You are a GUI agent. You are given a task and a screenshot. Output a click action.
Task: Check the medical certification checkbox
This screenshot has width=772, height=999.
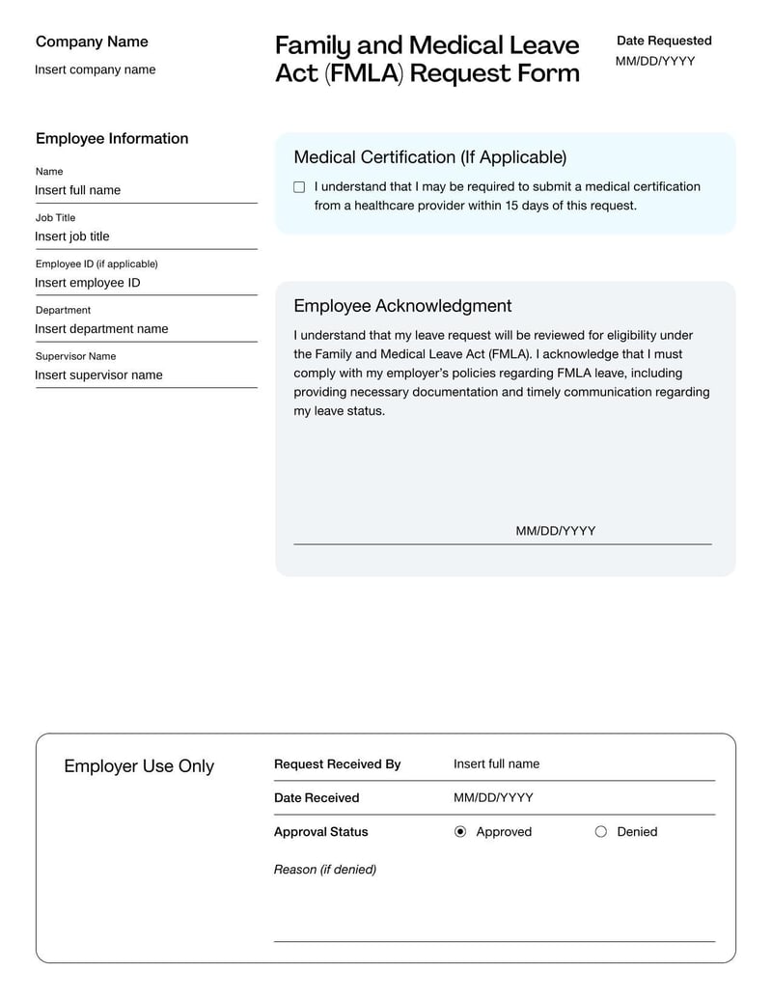pyautogui.click(x=299, y=187)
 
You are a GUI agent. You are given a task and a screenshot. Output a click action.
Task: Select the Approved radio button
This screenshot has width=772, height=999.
pyautogui.click(x=460, y=832)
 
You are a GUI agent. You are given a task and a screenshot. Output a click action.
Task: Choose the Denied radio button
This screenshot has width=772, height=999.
pyautogui.click(x=601, y=832)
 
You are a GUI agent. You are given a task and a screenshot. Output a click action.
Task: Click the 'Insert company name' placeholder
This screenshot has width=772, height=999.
pyautogui.click(x=95, y=69)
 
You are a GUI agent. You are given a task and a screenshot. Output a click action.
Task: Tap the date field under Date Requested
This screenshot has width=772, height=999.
pyautogui.click(x=654, y=62)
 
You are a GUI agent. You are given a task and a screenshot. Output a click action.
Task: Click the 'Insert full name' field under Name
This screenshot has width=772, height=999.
pyautogui.click(x=78, y=190)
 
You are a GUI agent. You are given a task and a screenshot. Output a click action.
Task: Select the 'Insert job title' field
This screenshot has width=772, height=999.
pyautogui.click(x=72, y=236)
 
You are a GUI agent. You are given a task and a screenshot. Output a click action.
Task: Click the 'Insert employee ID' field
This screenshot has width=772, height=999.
pyautogui.click(x=88, y=283)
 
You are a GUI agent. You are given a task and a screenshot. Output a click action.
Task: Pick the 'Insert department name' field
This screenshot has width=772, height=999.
pyautogui.click(x=101, y=329)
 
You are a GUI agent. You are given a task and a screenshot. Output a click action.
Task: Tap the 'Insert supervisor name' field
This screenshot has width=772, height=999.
pyautogui.click(x=98, y=375)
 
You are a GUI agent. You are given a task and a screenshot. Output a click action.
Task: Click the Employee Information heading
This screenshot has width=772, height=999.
pyautogui.click(x=112, y=139)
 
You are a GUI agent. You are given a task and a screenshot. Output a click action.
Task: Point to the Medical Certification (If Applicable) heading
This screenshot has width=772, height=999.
pyautogui.click(x=429, y=157)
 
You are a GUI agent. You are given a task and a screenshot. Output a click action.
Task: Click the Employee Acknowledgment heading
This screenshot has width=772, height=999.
pyautogui.click(x=402, y=306)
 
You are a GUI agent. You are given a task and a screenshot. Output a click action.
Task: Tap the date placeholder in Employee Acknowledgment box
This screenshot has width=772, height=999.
pyautogui.click(x=555, y=531)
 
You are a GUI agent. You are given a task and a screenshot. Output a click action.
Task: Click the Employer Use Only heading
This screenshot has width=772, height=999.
pyautogui.click(x=139, y=766)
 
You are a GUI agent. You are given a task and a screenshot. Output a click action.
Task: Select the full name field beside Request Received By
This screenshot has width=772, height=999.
pyautogui.click(x=496, y=764)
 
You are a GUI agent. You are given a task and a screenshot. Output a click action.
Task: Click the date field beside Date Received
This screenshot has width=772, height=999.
pyautogui.click(x=493, y=798)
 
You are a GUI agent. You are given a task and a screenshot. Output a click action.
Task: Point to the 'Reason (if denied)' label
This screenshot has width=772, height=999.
pyautogui.click(x=325, y=870)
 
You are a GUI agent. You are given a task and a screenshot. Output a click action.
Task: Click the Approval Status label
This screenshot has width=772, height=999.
pyautogui.click(x=320, y=832)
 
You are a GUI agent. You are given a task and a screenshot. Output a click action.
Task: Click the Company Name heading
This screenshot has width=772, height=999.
pyautogui.click(x=92, y=42)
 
